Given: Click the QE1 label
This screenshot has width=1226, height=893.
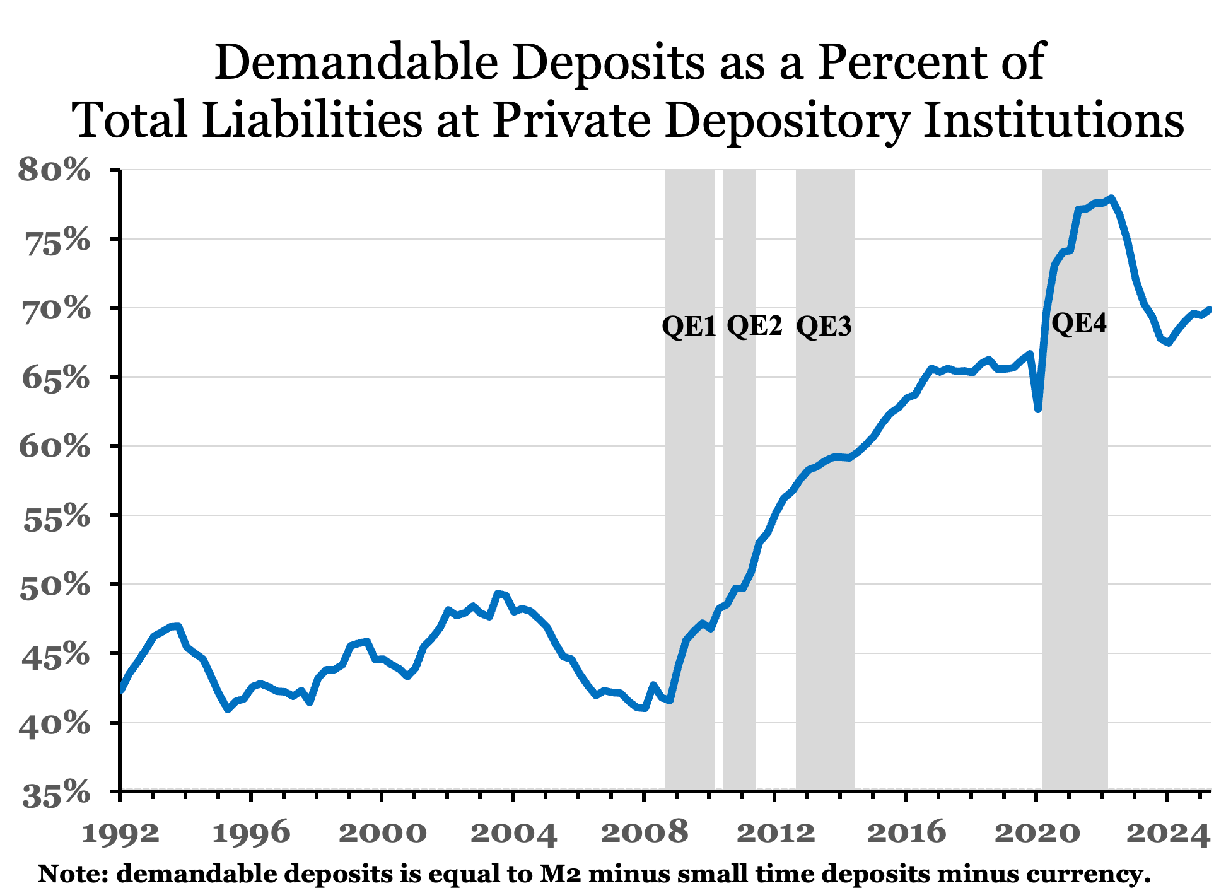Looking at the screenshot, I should click(689, 327).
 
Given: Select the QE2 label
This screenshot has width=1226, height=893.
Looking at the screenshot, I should click(754, 326).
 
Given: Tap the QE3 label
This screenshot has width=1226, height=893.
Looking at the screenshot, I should click(824, 327).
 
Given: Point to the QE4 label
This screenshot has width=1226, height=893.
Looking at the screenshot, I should click(1079, 324).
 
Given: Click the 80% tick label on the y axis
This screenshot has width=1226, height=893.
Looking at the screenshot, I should click(55, 170).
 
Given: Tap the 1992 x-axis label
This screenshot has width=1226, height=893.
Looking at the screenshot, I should click(120, 834).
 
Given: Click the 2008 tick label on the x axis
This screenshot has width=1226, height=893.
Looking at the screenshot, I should click(644, 834).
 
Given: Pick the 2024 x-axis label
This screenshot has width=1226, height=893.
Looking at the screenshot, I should click(1167, 834).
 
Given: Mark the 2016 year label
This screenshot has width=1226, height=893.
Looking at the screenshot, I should click(906, 834).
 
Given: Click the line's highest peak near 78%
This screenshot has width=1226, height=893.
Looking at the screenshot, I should click(1112, 197).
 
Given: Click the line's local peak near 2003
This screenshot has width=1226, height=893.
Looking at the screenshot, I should click(498, 593).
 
